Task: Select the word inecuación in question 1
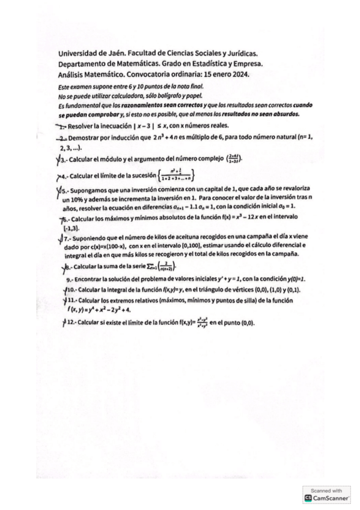tap(115, 127)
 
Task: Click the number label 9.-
tap(72, 280)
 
